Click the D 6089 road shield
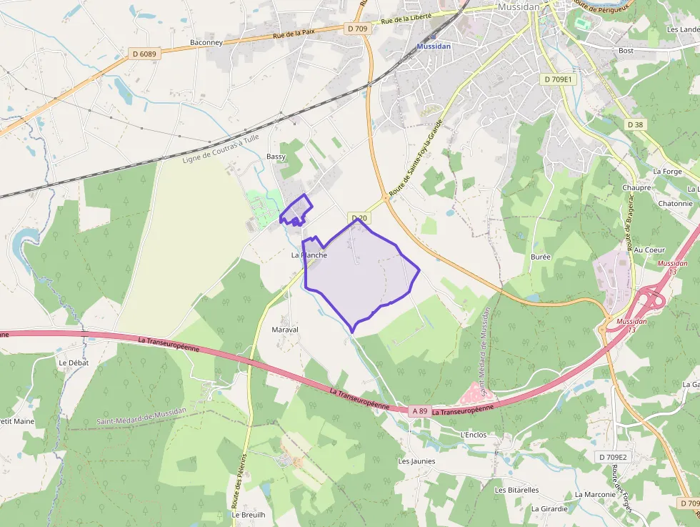click(144, 53)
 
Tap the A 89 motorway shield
click(420, 411)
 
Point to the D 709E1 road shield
click(558, 79)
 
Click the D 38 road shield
click(635, 124)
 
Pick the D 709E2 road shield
click(612, 456)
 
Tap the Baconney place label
click(206, 43)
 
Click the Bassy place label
click(276, 157)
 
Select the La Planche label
click(309, 255)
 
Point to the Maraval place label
click(285, 330)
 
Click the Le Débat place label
click(73, 363)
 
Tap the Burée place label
click(541, 256)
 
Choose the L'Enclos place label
click(473, 434)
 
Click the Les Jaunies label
click(416, 461)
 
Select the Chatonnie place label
click(676, 203)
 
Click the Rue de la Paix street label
click(295, 33)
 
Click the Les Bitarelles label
click(516, 490)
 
